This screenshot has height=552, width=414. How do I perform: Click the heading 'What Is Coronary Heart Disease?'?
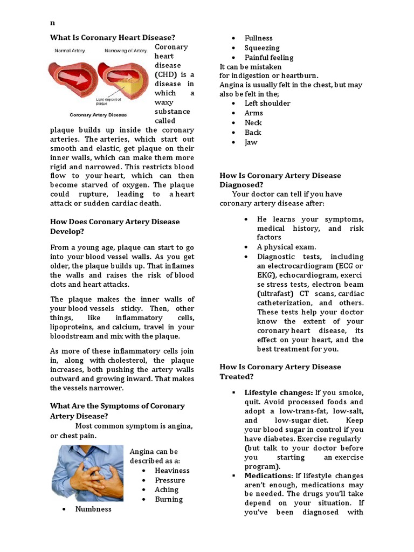113,37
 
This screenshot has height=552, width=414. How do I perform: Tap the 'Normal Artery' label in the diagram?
70,51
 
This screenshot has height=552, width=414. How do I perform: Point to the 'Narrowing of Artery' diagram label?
125,51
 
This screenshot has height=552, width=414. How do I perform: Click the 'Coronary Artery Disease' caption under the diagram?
98,115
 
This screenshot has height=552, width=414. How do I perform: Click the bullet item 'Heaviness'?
172,470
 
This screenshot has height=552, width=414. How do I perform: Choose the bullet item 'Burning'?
169,499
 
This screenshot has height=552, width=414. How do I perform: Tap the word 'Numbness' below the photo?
93,509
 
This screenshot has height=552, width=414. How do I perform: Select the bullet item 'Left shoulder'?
267,103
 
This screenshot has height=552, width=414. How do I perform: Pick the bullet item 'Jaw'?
251,142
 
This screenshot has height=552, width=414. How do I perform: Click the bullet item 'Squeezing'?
262,48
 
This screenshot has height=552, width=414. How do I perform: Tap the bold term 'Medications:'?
267,476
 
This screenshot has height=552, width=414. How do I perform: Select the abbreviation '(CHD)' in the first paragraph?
167,74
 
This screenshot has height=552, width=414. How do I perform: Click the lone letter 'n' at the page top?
52,23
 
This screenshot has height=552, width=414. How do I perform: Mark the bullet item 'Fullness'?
258,38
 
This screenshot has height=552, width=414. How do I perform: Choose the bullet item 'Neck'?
253,122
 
